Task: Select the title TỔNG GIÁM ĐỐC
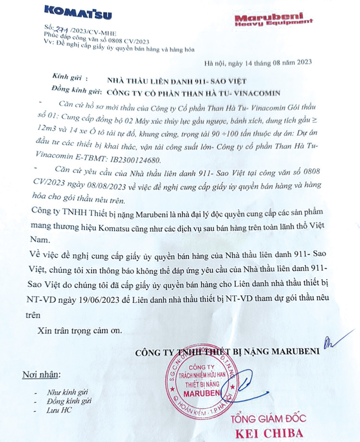[x=266, y=419]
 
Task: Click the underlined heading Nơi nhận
[x=42, y=374]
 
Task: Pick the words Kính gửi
[x=66, y=78]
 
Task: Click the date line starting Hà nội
[x=258, y=62]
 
